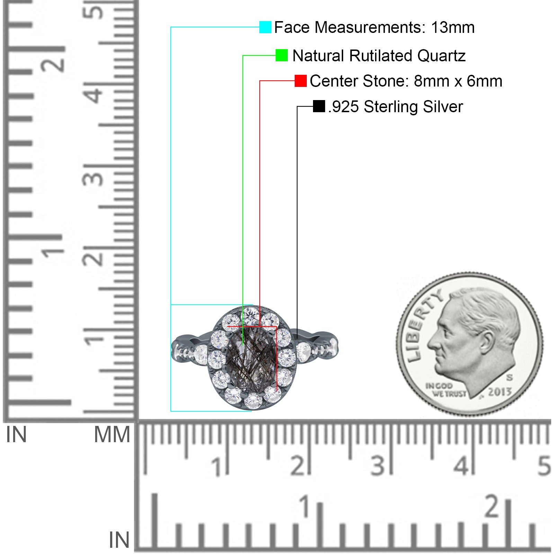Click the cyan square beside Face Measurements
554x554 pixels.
pos(265,27)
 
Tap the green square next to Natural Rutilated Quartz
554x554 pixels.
pos(282,55)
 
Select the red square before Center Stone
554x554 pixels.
pos(301,81)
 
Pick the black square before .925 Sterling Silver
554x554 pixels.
pos(319,106)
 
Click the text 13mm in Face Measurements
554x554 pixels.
pos(453,27)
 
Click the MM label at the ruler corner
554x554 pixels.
pos(112,435)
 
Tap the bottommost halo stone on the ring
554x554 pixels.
pos(253,401)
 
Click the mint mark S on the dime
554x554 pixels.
pos(510,377)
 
